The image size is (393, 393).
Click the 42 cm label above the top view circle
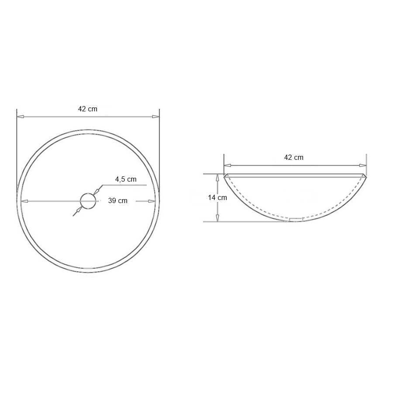click(88, 109)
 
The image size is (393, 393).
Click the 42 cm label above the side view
click(294, 157)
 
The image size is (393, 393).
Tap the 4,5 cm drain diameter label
click(126, 179)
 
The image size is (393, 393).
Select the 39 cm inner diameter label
click(118, 201)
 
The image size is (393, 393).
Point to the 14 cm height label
click(217, 197)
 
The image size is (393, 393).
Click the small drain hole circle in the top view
click(88, 200)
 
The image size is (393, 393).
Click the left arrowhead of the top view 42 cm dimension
click(20, 117)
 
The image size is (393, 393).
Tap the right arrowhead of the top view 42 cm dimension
click(155, 117)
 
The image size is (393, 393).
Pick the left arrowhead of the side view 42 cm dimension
click(228, 165)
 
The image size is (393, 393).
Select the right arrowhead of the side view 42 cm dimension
click(363, 165)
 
